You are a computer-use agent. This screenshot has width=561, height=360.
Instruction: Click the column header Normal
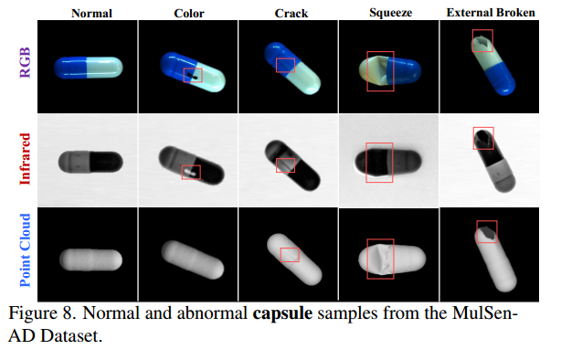pyautogui.click(x=88, y=12)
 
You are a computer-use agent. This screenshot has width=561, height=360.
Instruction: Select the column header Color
pyautogui.click(x=187, y=12)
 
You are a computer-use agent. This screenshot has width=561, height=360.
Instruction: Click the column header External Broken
pyautogui.click(x=491, y=12)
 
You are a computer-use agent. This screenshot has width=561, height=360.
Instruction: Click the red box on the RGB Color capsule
pyautogui.click(x=192, y=75)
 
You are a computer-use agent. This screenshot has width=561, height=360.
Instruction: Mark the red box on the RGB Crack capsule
pyautogui.click(x=285, y=65)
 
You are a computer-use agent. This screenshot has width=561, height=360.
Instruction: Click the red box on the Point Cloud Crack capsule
pyautogui.click(x=290, y=255)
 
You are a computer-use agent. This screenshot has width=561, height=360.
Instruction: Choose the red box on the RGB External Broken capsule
pyautogui.click(x=482, y=40)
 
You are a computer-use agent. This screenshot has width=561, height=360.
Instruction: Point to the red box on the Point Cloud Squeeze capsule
pyautogui.click(x=380, y=259)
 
